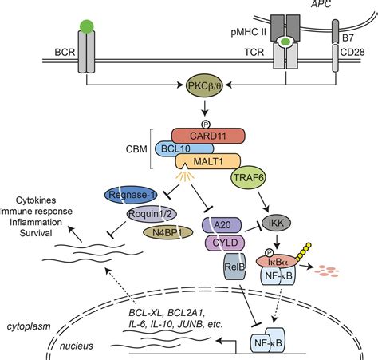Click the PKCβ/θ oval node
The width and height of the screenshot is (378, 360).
(x=205, y=85)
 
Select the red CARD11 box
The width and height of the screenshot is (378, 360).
(x=208, y=136)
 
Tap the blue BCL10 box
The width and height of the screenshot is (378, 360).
(x=184, y=148)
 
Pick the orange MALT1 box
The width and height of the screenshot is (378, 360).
(x=208, y=161)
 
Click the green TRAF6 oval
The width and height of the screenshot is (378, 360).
(x=249, y=177)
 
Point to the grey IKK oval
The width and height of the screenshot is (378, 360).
(x=277, y=223)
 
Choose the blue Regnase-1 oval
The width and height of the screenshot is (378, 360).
(x=131, y=195)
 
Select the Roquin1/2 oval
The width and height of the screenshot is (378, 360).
(x=152, y=214)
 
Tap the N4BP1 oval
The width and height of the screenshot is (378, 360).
(x=167, y=233)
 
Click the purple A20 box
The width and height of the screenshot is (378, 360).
(x=222, y=225)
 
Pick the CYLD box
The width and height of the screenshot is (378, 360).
(x=225, y=243)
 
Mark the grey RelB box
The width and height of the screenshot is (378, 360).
(x=234, y=267)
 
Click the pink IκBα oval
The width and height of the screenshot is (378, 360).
(x=277, y=262)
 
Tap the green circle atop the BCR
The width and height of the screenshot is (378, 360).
(x=87, y=26)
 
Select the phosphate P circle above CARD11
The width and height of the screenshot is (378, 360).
(x=205, y=125)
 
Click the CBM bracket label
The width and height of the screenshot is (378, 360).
(x=136, y=149)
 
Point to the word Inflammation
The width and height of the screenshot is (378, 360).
(x=36, y=222)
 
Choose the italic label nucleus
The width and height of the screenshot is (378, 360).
(x=77, y=346)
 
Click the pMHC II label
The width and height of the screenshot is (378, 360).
(x=249, y=33)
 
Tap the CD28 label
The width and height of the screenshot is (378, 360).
(x=352, y=52)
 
